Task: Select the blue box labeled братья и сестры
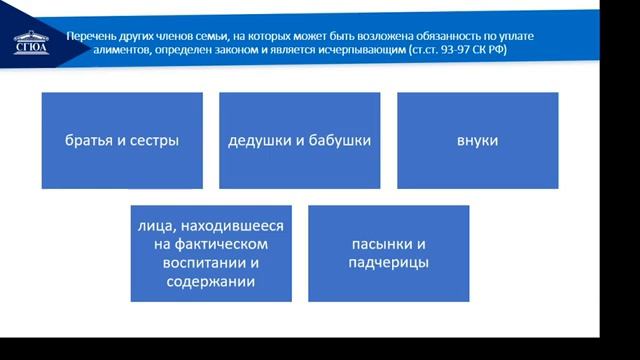(122, 140)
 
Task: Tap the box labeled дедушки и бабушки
(299, 140)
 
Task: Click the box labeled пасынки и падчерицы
(389, 253)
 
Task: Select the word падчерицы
(389, 262)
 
